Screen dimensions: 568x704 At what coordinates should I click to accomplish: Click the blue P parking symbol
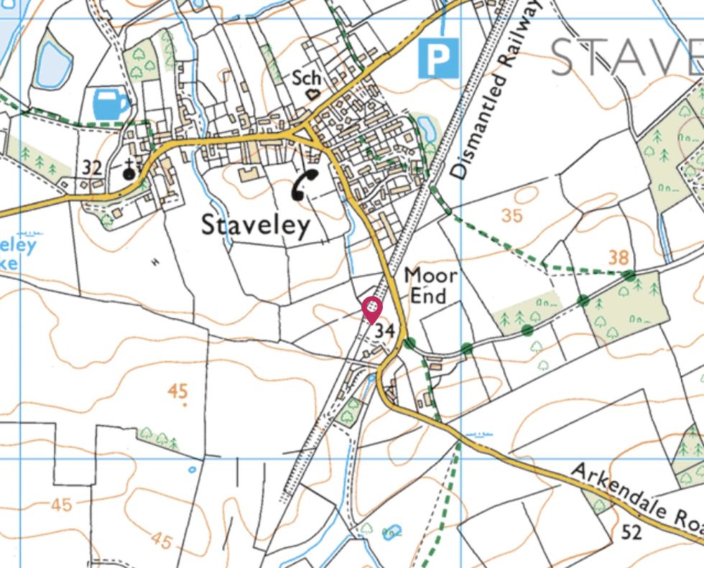pyautogui.click(x=437, y=58)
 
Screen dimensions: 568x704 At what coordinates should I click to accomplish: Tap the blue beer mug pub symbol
pyautogui.click(x=112, y=104)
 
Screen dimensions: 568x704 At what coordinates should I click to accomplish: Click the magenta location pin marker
pyautogui.click(x=371, y=310)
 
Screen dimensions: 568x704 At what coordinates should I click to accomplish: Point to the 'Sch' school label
pyautogui.click(x=307, y=78)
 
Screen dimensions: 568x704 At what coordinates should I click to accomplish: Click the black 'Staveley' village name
pyautogui.click(x=256, y=225)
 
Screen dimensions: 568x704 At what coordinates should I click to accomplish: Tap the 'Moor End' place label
pyautogui.click(x=430, y=285)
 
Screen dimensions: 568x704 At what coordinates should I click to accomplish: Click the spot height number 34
pyautogui.click(x=385, y=331)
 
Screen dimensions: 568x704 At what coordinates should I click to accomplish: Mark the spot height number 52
pyautogui.click(x=631, y=532)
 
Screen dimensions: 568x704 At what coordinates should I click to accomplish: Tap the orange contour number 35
pyautogui.click(x=512, y=215)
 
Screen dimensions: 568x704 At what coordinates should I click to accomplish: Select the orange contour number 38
pyautogui.click(x=618, y=257)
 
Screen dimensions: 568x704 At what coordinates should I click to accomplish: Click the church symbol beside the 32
pyautogui.click(x=129, y=170)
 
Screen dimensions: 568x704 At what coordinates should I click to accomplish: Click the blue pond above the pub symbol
pyautogui.click(x=54, y=64)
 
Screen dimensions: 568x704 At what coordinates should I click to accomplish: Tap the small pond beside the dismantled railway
pyautogui.click(x=427, y=129)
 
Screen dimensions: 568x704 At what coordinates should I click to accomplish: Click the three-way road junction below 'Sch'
pyautogui.click(x=307, y=134)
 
